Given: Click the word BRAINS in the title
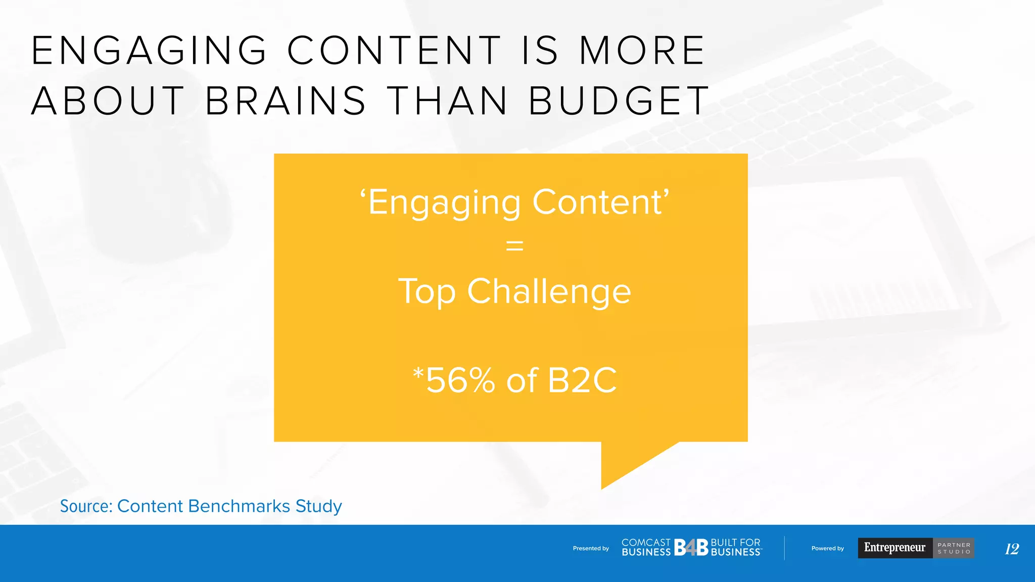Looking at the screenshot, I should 286,101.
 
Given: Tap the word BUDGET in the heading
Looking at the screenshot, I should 620,101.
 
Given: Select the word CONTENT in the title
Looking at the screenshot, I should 394,51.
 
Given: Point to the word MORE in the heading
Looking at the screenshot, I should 642,51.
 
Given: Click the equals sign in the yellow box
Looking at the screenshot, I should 514,247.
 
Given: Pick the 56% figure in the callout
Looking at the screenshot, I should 460,380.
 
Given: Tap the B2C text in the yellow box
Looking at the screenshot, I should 582,380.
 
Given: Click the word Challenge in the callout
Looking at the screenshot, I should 549,292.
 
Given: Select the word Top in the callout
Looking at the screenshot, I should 427,292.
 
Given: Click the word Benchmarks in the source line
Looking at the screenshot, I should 240,506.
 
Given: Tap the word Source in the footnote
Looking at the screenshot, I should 86,506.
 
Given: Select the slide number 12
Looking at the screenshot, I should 1012,549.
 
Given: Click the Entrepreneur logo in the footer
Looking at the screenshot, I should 895,548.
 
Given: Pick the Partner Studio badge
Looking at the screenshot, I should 954,548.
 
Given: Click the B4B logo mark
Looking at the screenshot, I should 691,548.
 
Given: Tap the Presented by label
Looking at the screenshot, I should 591,548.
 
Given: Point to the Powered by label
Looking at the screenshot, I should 827,548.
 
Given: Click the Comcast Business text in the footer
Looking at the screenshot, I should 646,548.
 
